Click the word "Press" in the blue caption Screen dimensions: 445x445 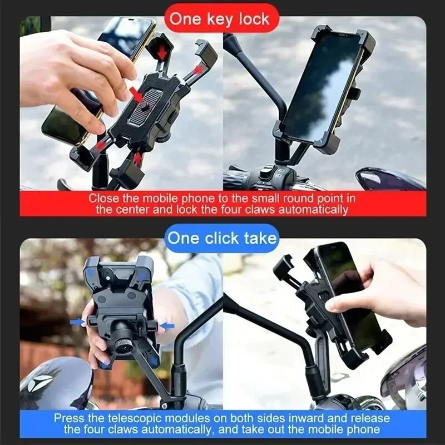[69, 418]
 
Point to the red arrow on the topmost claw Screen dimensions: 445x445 [162, 51]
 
